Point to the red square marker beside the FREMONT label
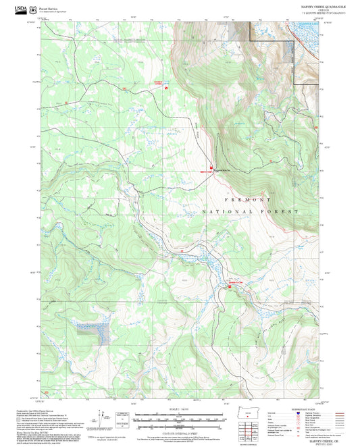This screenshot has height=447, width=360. [211, 168]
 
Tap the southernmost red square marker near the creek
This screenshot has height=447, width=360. [228, 286]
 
